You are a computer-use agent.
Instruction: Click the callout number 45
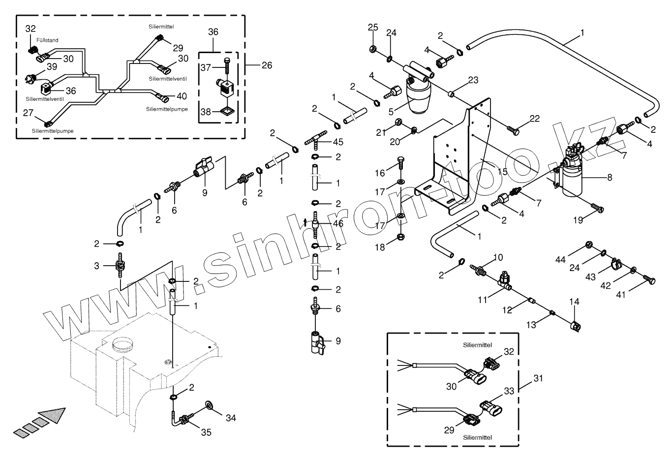click(x=338, y=142)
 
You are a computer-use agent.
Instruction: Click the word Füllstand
click(x=47, y=40)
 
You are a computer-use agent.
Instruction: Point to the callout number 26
click(x=267, y=65)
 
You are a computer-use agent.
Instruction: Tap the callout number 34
click(x=231, y=418)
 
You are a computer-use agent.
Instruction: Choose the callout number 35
click(x=206, y=432)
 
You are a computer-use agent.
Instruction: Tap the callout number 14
click(x=575, y=301)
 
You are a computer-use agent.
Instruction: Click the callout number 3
click(x=97, y=266)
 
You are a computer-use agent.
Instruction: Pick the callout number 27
click(x=28, y=113)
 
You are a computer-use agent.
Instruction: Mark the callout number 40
click(x=182, y=96)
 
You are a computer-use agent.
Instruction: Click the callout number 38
click(x=205, y=112)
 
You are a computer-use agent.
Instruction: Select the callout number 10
click(x=498, y=257)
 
